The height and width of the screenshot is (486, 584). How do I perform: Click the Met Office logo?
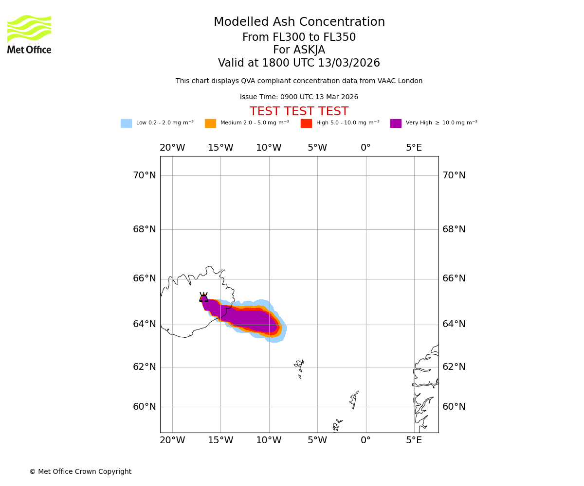pos(29,34)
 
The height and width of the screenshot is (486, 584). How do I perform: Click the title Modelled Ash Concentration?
pos(299,22)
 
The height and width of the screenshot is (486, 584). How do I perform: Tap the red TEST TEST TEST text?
pos(299,112)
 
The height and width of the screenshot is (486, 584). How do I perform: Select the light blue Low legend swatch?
pos(126,123)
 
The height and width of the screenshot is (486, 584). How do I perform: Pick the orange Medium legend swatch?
pos(210,123)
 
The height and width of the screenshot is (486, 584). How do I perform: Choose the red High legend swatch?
pos(306,123)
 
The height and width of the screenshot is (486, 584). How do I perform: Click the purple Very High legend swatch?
pos(396,123)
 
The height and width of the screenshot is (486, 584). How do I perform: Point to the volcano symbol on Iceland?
pos(203,297)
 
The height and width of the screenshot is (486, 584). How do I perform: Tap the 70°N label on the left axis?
pos(145,175)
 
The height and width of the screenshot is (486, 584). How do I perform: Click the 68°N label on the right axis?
pos(454,229)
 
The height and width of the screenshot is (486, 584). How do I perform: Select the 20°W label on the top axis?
pos(172,148)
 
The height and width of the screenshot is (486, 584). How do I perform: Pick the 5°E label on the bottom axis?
pos(414,440)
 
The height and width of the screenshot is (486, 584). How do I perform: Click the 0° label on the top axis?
pos(365,148)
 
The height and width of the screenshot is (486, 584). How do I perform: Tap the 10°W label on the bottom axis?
pos(269,440)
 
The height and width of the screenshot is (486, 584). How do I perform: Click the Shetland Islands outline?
pos(354,399)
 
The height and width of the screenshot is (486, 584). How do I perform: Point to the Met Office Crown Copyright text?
pos(80,472)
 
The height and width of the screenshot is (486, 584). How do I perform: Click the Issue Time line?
pos(299,97)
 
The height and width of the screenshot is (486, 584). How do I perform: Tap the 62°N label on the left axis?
pos(145,367)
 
